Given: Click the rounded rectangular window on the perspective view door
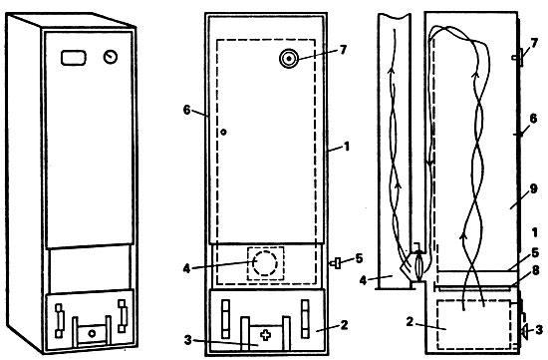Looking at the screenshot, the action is (x=74, y=58).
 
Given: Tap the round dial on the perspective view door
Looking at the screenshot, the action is (x=111, y=57).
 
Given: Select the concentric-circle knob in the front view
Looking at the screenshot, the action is (x=289, y=59).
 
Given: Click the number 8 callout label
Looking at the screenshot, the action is (x=535, y=270).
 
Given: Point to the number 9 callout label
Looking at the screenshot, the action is (x=533, y=188).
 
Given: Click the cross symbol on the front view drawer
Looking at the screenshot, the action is (x=266, y=335).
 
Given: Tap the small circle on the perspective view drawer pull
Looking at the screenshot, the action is (x=92, y=333).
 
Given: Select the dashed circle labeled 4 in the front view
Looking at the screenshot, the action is (x=265, y=262).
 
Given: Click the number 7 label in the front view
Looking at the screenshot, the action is (x=343, y=50).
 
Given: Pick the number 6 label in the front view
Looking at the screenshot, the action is (x=187, y=111).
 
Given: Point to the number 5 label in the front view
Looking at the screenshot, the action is (x=359, y=258).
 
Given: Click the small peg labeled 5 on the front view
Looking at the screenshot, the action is (x=335, y=263).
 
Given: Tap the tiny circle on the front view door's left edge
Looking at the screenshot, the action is (x=223, y=133).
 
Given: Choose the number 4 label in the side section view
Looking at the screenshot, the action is (x=364, y=280).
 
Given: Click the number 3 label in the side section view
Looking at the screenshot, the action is (x=539, y=329).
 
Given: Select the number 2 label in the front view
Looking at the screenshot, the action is (x=345, y=325).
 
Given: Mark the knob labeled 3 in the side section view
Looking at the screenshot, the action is (x=524, y=331).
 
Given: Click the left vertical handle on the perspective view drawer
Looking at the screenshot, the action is (x=60, y=321).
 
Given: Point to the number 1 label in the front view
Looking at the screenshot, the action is (x=347, y=147).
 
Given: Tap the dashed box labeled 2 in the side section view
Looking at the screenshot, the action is (x=474, y=324).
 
